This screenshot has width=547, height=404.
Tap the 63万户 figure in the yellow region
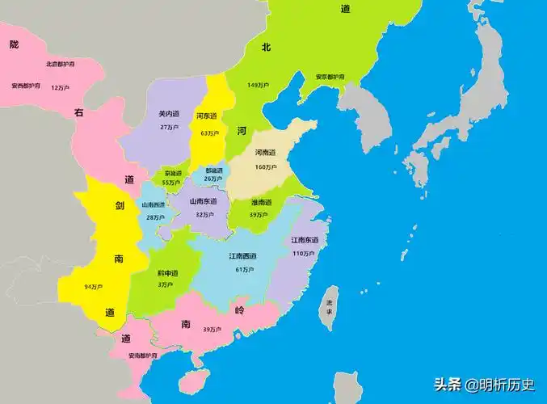(208, 133)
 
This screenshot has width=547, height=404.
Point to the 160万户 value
(267, 167)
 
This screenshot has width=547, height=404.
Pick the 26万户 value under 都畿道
(214, 179)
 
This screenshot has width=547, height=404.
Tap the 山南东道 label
(203, 201)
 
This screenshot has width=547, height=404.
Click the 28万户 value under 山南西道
(156, 217)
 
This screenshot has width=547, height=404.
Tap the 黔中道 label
(166, 273)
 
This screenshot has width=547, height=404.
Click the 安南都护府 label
(142, 355)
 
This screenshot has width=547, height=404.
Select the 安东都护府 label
(330, 77)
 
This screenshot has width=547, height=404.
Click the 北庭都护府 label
(61, 64)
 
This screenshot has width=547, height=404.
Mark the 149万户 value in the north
(258, 84)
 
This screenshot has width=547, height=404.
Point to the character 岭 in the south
(239, 310)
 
